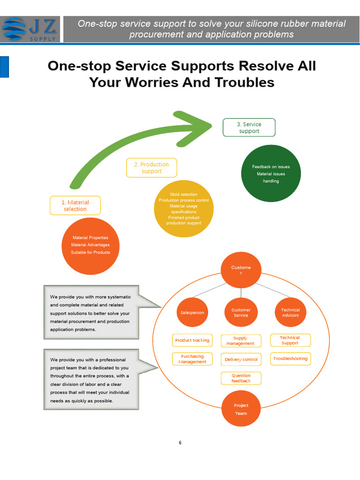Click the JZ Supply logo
pyautogui.click(x=30, y=30)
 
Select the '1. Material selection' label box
pyautogui.click(x=75, y=205)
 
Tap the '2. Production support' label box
pyautogui.click(x=151, y=168)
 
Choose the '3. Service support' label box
pyautogui.click(x=249, y=127)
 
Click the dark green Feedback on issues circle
pyautogui.click(x=271, y=173)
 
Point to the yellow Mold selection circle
pyautogui.click(x=184, y=209)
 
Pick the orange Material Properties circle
pyautogui.click(x=90, y=246)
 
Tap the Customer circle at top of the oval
pyautogui.click(x=241, y=270)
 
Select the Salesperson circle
pyautogui.click(x=192, y=312)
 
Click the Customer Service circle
pyautogui.click(x=241, y=312)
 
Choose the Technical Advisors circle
pyautogui.click(x=291, y=312)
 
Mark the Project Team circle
pyautogui.click(x=241, y=409)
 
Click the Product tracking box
pyautogui.click(x=192, y=340)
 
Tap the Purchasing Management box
pyautogui.click(x=192, y=359)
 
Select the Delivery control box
pyautogui.click(x=241, y=360)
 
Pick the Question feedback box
pyautogui.click(x=241, y=378)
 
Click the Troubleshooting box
pyautogui.click(x=291, y=359)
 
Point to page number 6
pyautogui.click(x=180, y=442)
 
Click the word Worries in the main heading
pyautogui.click(x=152, y=82)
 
